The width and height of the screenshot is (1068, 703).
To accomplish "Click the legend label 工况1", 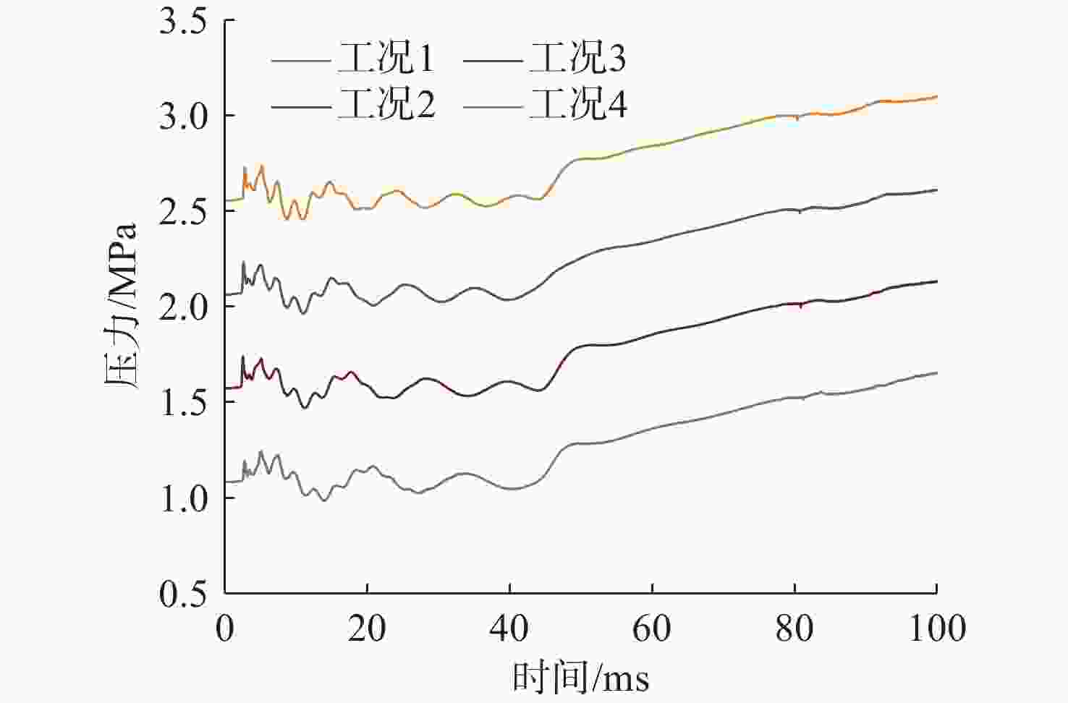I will (x=386, y=58).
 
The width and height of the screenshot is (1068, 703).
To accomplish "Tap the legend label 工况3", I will (x=577, y=58).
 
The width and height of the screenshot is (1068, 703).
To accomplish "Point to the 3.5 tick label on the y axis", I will (x=182, y=22).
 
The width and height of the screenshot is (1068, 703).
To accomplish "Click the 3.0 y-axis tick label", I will (x=182, y=116).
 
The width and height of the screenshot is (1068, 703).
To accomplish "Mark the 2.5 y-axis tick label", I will (x=182, y=211).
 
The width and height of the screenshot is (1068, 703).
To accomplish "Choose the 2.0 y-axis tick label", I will (x=182, y=307).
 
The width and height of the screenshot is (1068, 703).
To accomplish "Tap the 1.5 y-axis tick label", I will (x=182, y=402).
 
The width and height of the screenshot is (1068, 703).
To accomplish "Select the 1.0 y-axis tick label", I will (x=182, y=498).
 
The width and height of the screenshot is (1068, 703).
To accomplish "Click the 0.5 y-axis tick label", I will (x=182, y=594).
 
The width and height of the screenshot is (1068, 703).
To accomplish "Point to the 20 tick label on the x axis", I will (x=367, y=629).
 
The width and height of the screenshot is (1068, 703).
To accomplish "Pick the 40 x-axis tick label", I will (x=509, y=629).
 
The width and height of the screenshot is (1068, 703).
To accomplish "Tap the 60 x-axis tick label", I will (x=652, y=629).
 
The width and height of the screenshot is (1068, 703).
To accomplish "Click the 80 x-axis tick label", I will (x=794, y=629).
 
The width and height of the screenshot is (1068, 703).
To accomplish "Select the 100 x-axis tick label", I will (x=936, y=629).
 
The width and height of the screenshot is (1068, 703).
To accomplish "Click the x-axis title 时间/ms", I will (x=580, y=678).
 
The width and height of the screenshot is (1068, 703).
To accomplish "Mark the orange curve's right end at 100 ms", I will (x=936, y=96).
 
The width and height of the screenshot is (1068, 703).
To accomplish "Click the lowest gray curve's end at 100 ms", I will (x=936, y=372).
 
